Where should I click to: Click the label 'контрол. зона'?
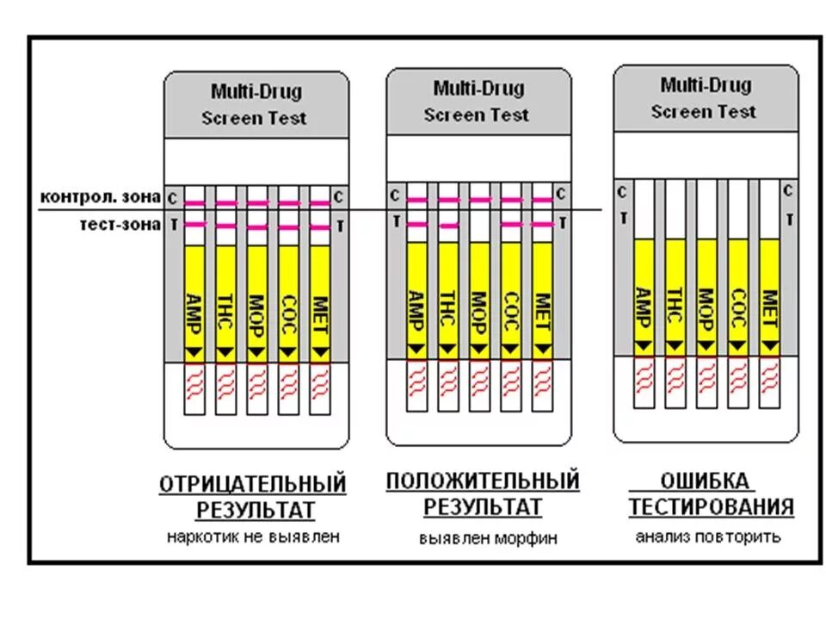(100, 196)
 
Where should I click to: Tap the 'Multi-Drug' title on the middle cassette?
(478, 89)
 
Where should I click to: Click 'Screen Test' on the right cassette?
(704, 112)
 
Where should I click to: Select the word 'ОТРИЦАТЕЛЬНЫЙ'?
(253, 485)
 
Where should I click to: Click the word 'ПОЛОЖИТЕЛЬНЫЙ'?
(483, 480)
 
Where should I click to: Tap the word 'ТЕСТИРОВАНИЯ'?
(711, 506)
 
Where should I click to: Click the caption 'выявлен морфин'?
(488, 538)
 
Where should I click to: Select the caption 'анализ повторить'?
(708, 536)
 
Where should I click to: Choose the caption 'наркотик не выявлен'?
(254, 536)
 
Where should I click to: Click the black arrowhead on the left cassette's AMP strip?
(194, 352)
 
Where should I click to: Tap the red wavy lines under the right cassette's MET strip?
(769, 379)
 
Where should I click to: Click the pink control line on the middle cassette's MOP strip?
(479, 199)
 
